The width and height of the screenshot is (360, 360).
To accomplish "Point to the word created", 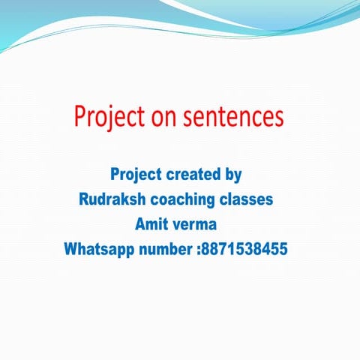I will pyautogui.click(x=194, y=175).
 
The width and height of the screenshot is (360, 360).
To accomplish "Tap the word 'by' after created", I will pyautogui.click(x=233, y=176).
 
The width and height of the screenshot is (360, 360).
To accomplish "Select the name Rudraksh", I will pyautogui.click(x=112, y=200).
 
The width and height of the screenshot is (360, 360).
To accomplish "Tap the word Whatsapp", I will pyautogui.click(x=97, y=248).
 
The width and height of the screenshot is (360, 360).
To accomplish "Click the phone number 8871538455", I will pyautogui.click(x=244, y=248).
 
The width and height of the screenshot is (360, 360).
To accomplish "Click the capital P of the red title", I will pyautogui.click(x=79, y=117).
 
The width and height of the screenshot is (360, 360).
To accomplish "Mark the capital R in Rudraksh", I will pyautogui.click(x=84, y=200).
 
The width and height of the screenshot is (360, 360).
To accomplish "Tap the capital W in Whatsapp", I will pyautogui.click(x=71, y=248).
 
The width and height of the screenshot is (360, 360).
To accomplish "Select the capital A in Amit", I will pyautogui.click(x=139, y=224).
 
